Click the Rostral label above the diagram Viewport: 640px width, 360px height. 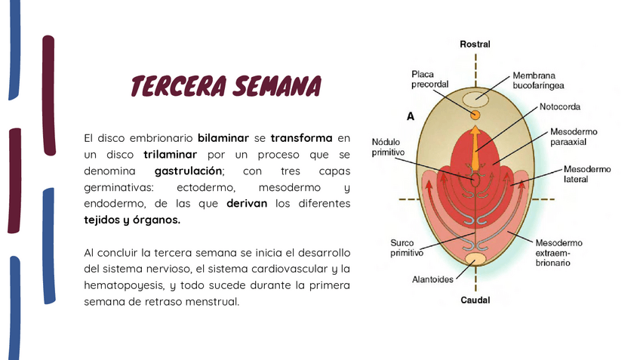(x=475, y=45)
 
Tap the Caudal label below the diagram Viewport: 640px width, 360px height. (x=475, y=300)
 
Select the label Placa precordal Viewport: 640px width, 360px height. (x=430, y=79)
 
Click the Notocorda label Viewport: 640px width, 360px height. (x=559, y=106)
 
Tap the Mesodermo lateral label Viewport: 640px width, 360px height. (x=587, y=174)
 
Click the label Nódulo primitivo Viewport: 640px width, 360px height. (x=389, y=147)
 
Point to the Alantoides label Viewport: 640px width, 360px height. (x=432, y=279)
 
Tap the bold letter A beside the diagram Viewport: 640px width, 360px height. (x=411, y=117)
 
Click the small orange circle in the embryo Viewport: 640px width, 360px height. (x=475, y=115)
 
